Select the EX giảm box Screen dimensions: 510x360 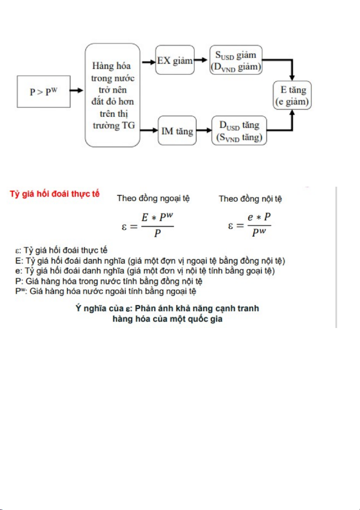[175, 61]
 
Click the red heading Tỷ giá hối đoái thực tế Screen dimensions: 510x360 [55, 194]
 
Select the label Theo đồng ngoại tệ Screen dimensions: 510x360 [154, 199]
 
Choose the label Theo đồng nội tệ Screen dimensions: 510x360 [250, 199]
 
